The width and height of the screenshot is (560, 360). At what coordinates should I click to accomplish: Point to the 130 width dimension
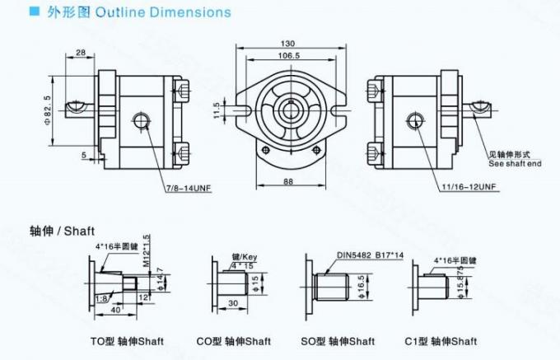point(287,44)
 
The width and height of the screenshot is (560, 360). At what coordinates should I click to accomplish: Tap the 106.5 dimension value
point(287,56)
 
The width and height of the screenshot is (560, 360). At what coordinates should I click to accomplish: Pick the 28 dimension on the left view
point(81,53)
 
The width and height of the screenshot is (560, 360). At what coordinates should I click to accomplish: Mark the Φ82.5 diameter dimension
point(47,108)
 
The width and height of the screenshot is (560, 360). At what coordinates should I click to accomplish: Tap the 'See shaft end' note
point(515,164)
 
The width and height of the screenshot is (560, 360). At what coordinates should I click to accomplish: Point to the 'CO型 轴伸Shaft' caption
point(234,341)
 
